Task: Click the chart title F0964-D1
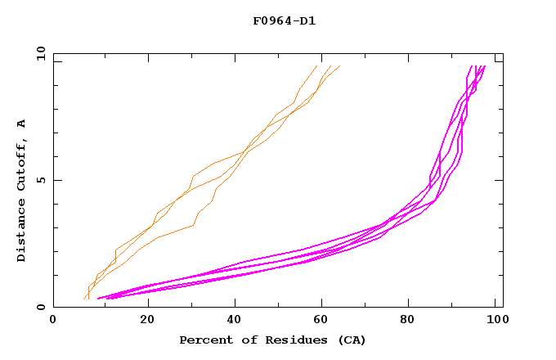pos(284,20)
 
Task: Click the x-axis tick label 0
pos(53,321)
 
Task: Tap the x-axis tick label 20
pos(147,321)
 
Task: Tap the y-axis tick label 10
pos(40,54)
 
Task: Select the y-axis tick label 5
pos(40,180)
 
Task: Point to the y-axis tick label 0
pos(40,308)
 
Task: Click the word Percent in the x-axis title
pos(204,340)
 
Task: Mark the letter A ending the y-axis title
pos(21,123)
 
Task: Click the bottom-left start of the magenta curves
pos(98,299)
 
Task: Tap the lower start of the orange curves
pos(85,299)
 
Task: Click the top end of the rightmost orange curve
pos(339,66)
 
